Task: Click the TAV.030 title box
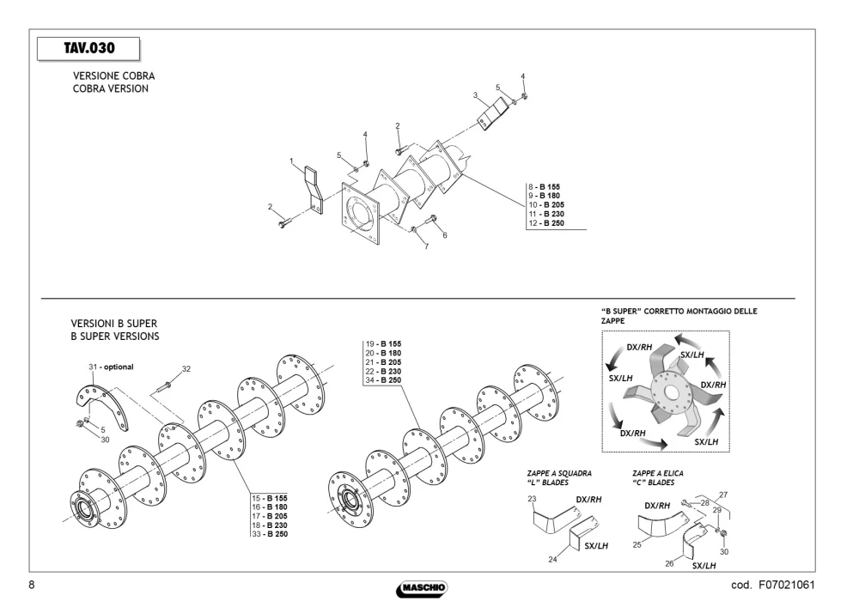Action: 88,49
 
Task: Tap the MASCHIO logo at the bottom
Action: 422,588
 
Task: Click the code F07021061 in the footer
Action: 773,585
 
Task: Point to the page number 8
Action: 31,585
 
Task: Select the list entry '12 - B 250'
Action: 546,223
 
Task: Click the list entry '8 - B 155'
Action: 544,186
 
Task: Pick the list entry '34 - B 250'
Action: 383,380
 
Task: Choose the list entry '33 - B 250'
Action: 270,534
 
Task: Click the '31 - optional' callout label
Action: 111,367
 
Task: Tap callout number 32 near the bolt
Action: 186,369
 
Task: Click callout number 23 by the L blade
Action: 532,499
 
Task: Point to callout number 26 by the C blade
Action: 669,563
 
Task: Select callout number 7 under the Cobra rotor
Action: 427,246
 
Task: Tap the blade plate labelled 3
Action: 492,113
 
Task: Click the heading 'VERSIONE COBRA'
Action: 114,76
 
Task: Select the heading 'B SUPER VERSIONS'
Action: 115,337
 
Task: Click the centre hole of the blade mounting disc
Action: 670,392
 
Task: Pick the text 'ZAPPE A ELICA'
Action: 658,473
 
